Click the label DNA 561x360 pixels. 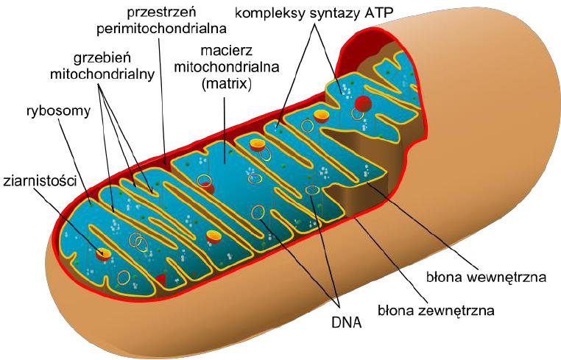(346, 322)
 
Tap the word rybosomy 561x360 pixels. (58, 112)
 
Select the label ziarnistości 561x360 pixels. (40, 181)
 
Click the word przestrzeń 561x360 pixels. (161, 13)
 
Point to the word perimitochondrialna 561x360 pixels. (161, 29)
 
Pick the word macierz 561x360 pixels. (226, 51)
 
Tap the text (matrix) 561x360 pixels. (227, 84)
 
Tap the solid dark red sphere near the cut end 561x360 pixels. (363, 104)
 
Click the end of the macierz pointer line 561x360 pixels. (225, 164)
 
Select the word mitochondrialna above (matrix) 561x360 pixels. (227, 67)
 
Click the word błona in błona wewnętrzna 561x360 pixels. (442, 278)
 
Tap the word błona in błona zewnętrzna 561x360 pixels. (394, 310)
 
